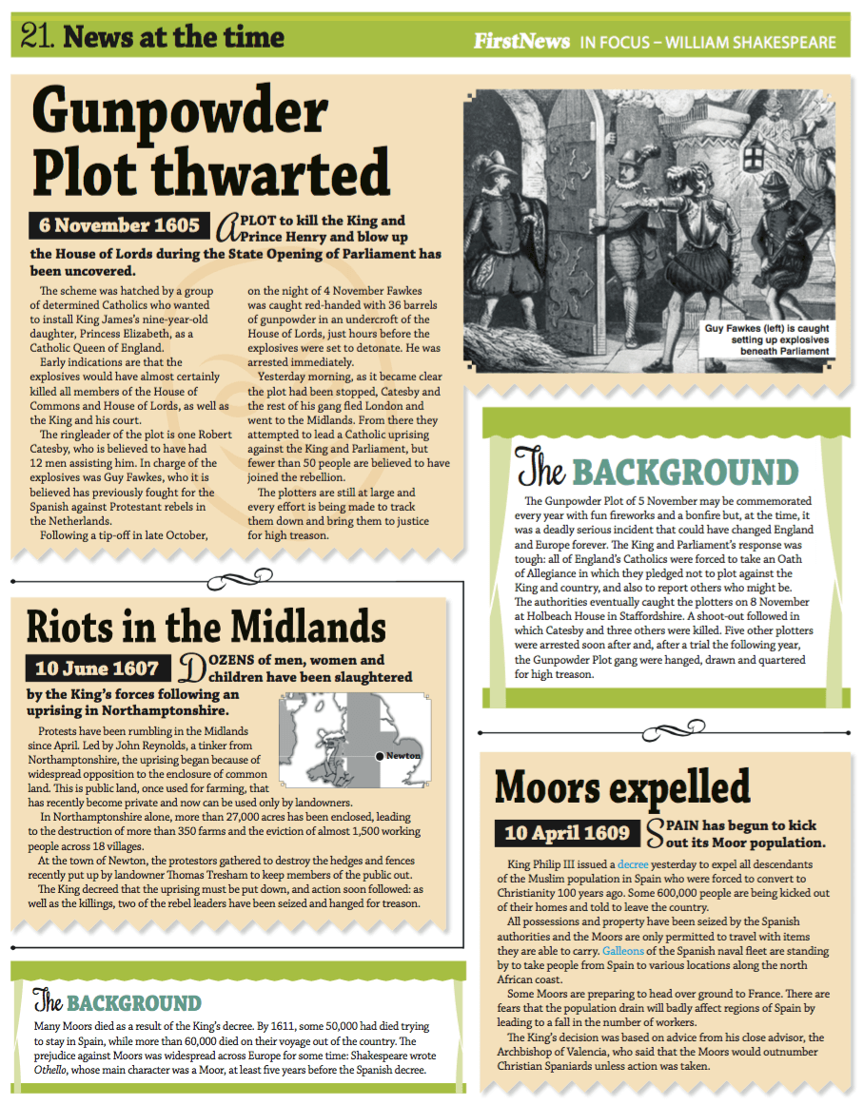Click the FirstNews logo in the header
pos(522,42)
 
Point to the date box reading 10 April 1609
pos(567,833)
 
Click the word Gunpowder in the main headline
pos(181,111)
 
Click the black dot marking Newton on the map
pos(380,756)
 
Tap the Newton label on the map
pos(403,756)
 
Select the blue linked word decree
pos(632,864)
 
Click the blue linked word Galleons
pos(623,950)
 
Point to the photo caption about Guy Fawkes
pos(766,339)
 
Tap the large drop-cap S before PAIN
pos(656,833)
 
